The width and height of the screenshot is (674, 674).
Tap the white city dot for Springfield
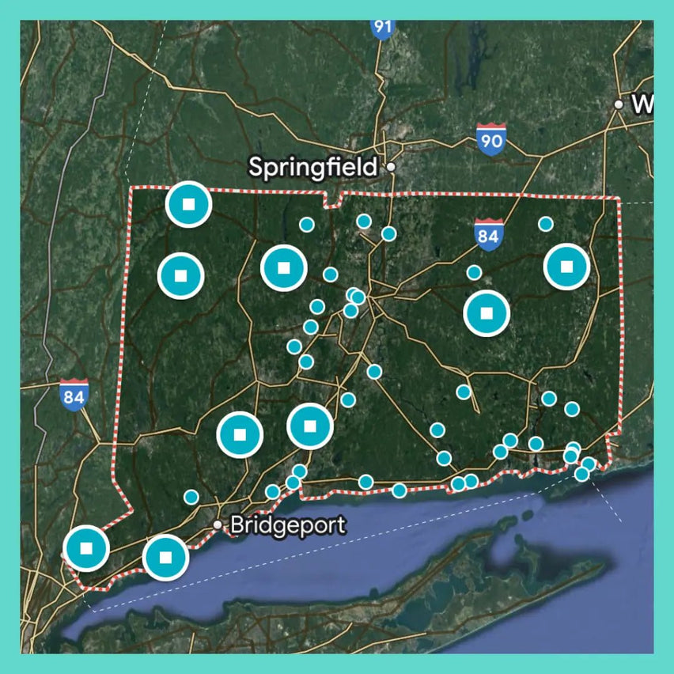click(x=391, y=168)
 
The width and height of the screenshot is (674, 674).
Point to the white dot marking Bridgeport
click(x=218, y=524)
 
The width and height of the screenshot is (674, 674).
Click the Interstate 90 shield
click(x=491, y=139)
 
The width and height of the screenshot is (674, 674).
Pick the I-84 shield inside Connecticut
click(x=488, y=234)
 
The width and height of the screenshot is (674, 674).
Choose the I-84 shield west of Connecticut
click(x=74, y=394)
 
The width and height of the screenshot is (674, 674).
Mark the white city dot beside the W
click(x=619, y=104)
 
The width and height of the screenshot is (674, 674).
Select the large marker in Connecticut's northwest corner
click(x=188, y=204)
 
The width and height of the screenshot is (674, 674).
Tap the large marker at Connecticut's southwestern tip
click(x=86, y=547)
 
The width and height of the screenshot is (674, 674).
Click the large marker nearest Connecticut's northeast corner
click(x=566, y=267)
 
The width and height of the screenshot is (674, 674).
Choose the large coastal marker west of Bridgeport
click(x=165, y=557)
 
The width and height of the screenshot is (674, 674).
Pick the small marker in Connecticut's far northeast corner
click(x=545, y=224)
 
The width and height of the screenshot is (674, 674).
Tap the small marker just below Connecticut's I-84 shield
click(x=474, y=272)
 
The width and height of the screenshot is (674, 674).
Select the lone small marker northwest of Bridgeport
click(x=191, y=497)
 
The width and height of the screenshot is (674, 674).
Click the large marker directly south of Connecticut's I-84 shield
click(x=487, y=313)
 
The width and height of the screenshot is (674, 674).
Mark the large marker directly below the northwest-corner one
click(x=180, y=276)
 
